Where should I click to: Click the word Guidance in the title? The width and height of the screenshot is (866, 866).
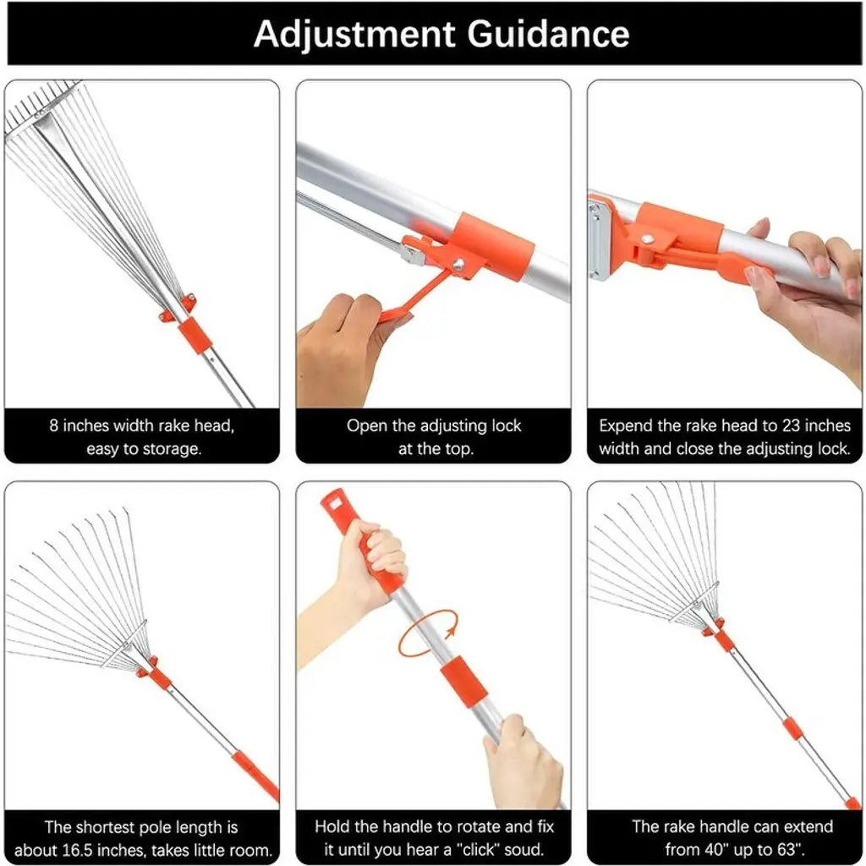[548, 34]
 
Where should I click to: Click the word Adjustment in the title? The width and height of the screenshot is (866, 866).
[354, 34]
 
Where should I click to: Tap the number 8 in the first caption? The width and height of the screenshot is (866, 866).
[53, 426]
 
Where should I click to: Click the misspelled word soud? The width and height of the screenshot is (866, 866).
[524, 849]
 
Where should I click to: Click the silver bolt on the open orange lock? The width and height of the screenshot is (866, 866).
[457, 265]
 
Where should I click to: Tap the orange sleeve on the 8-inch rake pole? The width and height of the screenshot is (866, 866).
[195, 335]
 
